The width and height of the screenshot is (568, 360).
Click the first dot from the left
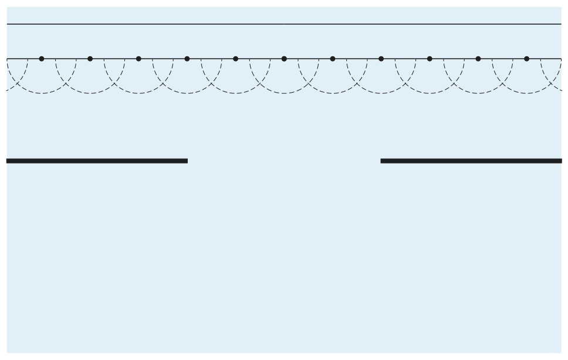click(x=41, y=59)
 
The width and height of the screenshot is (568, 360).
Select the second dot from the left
click(x=90, y=59)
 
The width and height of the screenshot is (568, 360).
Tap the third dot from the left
click(x=138, y=59)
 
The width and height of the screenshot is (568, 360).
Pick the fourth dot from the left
click(x=187, y=59)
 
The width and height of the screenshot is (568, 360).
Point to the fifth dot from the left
click(x=235, y=59)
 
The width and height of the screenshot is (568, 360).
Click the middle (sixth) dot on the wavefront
click(x=284, y=59)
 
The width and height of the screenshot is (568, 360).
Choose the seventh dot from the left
click(x=333, y=59)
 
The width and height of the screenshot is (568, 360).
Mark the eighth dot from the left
click(x=381, y=59)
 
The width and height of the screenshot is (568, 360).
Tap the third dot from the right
click(x=430, y=59)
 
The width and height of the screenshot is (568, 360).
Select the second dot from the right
click(x=478, y=59)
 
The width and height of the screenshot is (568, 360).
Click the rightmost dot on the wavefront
click(x=526, y=59)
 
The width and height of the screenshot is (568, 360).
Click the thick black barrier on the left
click(x=97, y=161)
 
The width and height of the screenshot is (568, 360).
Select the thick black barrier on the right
click(x=471, y=161)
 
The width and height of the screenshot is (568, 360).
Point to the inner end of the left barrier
click(x=186, y=161)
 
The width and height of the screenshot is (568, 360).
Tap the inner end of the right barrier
click(x=383, y=161)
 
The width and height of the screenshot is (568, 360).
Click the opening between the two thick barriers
click(x=284, y=161)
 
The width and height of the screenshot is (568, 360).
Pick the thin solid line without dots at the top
click(x=284, y=24)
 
